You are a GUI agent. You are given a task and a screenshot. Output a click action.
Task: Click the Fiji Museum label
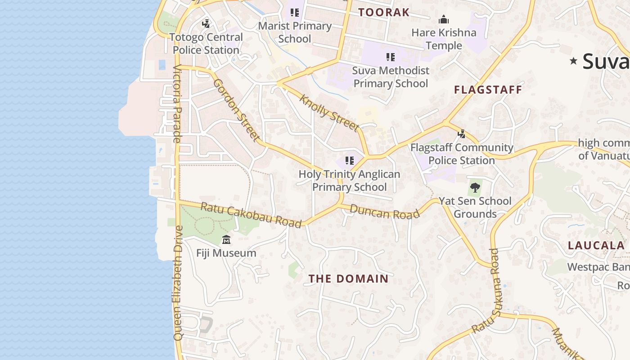point(226,253)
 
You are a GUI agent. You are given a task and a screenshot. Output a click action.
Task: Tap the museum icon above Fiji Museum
point(226,239)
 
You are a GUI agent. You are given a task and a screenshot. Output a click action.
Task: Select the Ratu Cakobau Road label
point(250,215)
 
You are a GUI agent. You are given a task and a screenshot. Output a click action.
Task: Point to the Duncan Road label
point(385,211)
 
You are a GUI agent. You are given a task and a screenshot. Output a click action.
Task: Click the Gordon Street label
point(237,110)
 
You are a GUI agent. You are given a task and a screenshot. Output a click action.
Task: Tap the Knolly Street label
point(330,113)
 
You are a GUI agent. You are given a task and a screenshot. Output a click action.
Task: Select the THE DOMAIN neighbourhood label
point(349,279)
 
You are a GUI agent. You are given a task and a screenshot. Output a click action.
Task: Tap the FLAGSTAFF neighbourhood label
point(488,90)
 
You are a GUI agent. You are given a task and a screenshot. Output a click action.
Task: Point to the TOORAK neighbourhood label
point(384,13)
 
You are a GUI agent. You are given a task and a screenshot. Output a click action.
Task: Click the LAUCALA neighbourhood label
point(596,246)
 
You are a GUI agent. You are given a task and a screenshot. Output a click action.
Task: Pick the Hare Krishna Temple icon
point(444,20)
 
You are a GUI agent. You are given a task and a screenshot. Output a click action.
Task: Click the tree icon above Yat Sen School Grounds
point(475,188)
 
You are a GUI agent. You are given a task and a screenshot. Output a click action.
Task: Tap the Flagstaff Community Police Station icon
point(461,134)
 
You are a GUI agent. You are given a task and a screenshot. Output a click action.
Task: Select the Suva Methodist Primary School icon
point(390,57)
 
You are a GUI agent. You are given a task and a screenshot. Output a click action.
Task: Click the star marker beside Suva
point(573,61)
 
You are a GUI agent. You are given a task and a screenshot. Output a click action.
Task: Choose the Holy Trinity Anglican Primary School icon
point(349,161)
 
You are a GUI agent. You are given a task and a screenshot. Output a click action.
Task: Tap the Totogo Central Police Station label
point(206,44)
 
